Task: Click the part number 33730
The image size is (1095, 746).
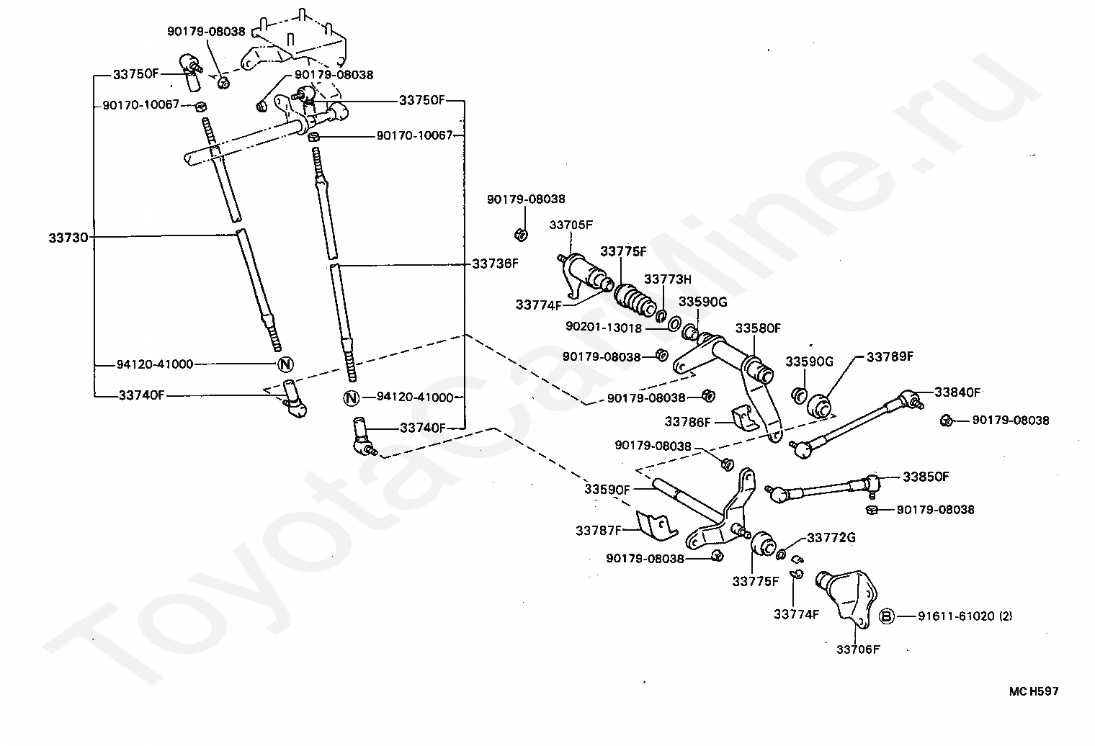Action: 68,237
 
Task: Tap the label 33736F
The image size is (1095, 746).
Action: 495,264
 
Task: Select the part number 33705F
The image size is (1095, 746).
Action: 571,225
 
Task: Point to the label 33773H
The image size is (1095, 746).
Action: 667,279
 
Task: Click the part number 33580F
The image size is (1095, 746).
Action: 758,328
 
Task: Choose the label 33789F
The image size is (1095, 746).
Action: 890,356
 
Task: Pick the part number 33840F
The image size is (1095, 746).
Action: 957,392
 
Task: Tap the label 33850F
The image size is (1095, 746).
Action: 926,477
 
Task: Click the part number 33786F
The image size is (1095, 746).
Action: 687,422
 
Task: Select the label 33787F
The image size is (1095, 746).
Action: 599,531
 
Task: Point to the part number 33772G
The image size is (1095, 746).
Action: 831,537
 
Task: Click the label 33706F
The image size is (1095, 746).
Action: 858,649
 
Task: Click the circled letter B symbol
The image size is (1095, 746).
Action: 887,616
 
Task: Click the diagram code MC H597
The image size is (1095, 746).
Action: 1033,691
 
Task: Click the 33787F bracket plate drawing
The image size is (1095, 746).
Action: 656,526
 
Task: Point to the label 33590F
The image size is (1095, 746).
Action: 607,490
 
